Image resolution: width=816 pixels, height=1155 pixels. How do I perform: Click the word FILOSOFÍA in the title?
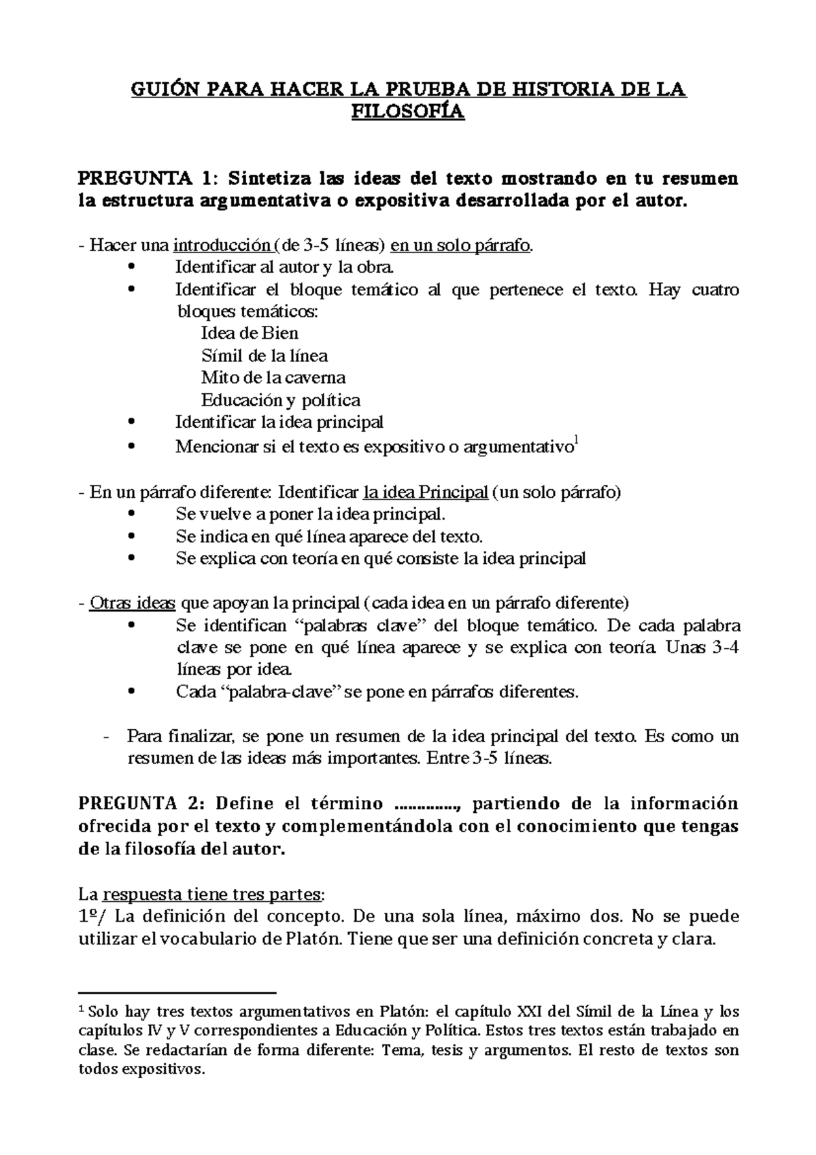point(408,112)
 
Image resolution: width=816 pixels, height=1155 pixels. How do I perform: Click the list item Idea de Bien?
point(250,333)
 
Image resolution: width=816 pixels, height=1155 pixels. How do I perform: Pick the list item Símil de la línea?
point(265,356)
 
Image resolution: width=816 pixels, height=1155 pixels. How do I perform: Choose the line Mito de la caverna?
point(273,378)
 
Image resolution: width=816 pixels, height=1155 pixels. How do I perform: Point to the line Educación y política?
point(280,400)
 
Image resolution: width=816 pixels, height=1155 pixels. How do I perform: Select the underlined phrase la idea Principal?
point(426,492)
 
